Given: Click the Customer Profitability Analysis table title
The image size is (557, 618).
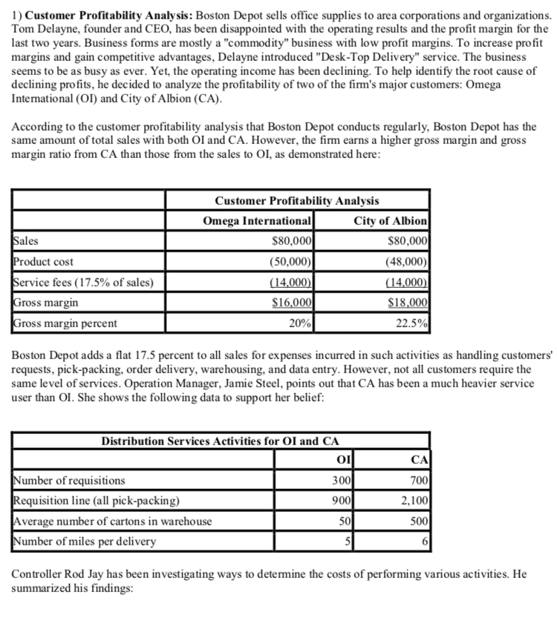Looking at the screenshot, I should pyautogui.click(x=296, y=200).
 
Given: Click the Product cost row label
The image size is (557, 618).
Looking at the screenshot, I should pyautogui.click(x=44, y=261).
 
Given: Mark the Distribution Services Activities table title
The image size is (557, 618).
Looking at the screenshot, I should pyautogui.click(x=220, y=441).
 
